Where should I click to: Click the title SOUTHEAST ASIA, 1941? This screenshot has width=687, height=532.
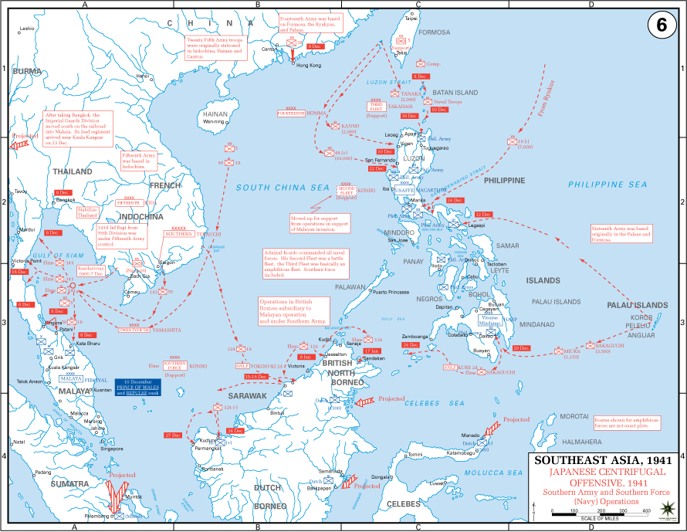click(594, 459)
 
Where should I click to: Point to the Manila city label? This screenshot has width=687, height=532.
click(418, 200)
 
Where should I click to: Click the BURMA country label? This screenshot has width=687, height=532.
click(27, 71)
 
